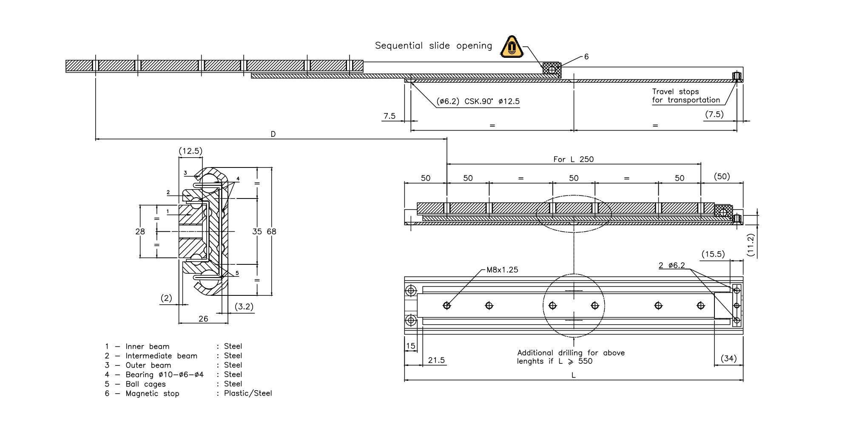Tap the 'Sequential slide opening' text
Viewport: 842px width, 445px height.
click(x=433, y=45)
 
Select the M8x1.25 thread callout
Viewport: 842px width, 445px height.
click(x=502, y=270)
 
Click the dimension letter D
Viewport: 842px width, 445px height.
click(x=273, y=134)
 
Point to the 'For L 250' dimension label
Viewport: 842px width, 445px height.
click(x=573, y=159)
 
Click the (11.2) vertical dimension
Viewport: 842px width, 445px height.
click(x=751, y=245)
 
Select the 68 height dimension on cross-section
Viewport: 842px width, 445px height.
click(x=271, y=232)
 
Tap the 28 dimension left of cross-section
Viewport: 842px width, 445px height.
click(x=140, y=232)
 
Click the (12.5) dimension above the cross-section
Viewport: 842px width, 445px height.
click(x=190, y=151)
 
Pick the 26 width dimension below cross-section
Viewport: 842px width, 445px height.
click(x=203, y=319)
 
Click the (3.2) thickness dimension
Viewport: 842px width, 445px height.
click(x=244, y=306)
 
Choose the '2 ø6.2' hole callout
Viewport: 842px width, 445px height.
click(x=672, y=266)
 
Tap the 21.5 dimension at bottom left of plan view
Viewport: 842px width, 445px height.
click(x=436, y=360)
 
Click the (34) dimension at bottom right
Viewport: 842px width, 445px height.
click(x=728, y=358)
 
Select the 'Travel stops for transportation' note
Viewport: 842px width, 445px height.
click(x=686, y=96)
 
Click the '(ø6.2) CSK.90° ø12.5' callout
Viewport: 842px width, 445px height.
click(x=478, y=102)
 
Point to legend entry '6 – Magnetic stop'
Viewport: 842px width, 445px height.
click(x=142, y=394)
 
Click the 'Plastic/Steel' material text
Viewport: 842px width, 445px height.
click(x=248, y=394)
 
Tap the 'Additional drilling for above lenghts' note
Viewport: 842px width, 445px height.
click(x=570, y=357)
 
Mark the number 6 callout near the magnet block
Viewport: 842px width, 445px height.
click(x=586, y=57)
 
